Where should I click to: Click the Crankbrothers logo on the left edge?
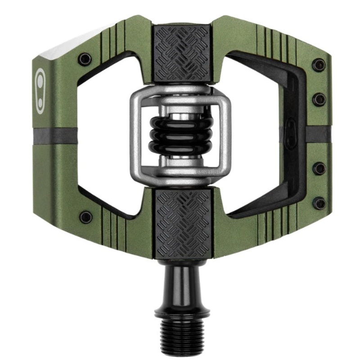(40, 91)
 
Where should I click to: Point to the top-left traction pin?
(85, 59)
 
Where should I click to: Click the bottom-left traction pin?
(85, 217)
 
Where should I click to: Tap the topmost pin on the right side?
(319, 64)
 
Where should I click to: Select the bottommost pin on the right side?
(319, 203)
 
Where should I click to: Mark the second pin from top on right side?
(319, 99)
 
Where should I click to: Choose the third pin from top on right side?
(319, 169)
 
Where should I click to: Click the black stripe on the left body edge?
(54, 134)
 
